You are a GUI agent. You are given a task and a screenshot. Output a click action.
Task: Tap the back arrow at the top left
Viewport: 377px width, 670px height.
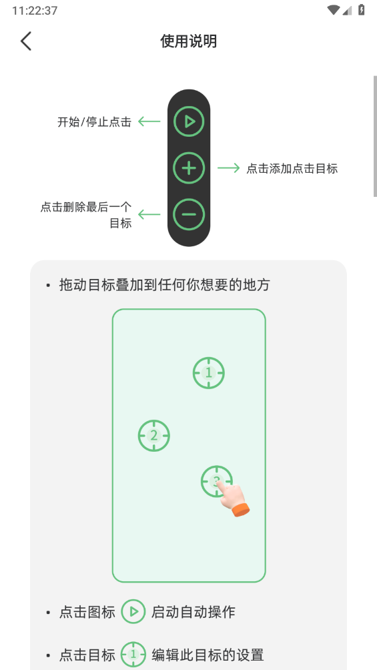coord(26,41)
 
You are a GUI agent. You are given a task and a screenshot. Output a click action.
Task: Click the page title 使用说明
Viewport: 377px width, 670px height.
coord(189,41)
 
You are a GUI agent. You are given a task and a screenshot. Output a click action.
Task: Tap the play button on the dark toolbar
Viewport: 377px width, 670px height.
coord(189,121)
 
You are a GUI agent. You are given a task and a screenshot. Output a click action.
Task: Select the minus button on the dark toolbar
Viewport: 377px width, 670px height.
coord(189,214)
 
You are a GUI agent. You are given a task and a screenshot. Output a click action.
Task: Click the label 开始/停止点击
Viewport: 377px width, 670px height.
coord(94,122)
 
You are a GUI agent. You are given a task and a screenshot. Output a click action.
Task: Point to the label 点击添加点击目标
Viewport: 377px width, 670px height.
coord(292,169)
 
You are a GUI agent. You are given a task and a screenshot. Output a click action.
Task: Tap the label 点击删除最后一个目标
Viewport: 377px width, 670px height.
coord(86,215)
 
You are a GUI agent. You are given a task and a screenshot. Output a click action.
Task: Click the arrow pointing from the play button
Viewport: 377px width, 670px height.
coord(149,121)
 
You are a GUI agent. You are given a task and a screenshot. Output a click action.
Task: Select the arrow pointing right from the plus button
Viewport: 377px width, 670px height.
coord(228,168)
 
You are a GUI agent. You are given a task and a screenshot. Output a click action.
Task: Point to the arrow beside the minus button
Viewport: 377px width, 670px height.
coord(149,214)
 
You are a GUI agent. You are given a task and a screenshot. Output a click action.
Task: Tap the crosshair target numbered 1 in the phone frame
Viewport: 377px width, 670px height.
coord(209,373)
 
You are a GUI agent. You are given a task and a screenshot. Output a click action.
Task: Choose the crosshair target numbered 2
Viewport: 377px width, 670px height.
coord(154,436)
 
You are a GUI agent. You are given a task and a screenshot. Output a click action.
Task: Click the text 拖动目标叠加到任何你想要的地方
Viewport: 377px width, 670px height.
coord(164,285)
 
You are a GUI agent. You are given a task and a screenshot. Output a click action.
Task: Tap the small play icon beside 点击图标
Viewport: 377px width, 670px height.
coord(133,611)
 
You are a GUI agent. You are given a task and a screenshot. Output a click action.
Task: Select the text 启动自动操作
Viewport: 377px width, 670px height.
coord(194,611)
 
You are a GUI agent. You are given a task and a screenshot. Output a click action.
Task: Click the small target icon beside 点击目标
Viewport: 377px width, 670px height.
coord(133,655)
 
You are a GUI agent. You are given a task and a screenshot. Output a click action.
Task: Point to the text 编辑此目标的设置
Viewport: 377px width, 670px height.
coord(208,655)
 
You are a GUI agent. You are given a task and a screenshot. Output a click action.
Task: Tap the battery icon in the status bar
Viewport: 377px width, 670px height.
coord(361,10)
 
